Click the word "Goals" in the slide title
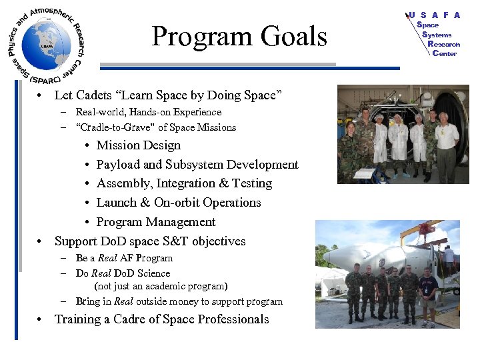click(294, 37)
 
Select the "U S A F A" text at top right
click(434, 15)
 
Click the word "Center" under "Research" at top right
click(444, 53)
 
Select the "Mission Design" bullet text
click(138, 145)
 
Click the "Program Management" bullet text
click(156, 222)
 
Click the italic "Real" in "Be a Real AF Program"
click(107, 258)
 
